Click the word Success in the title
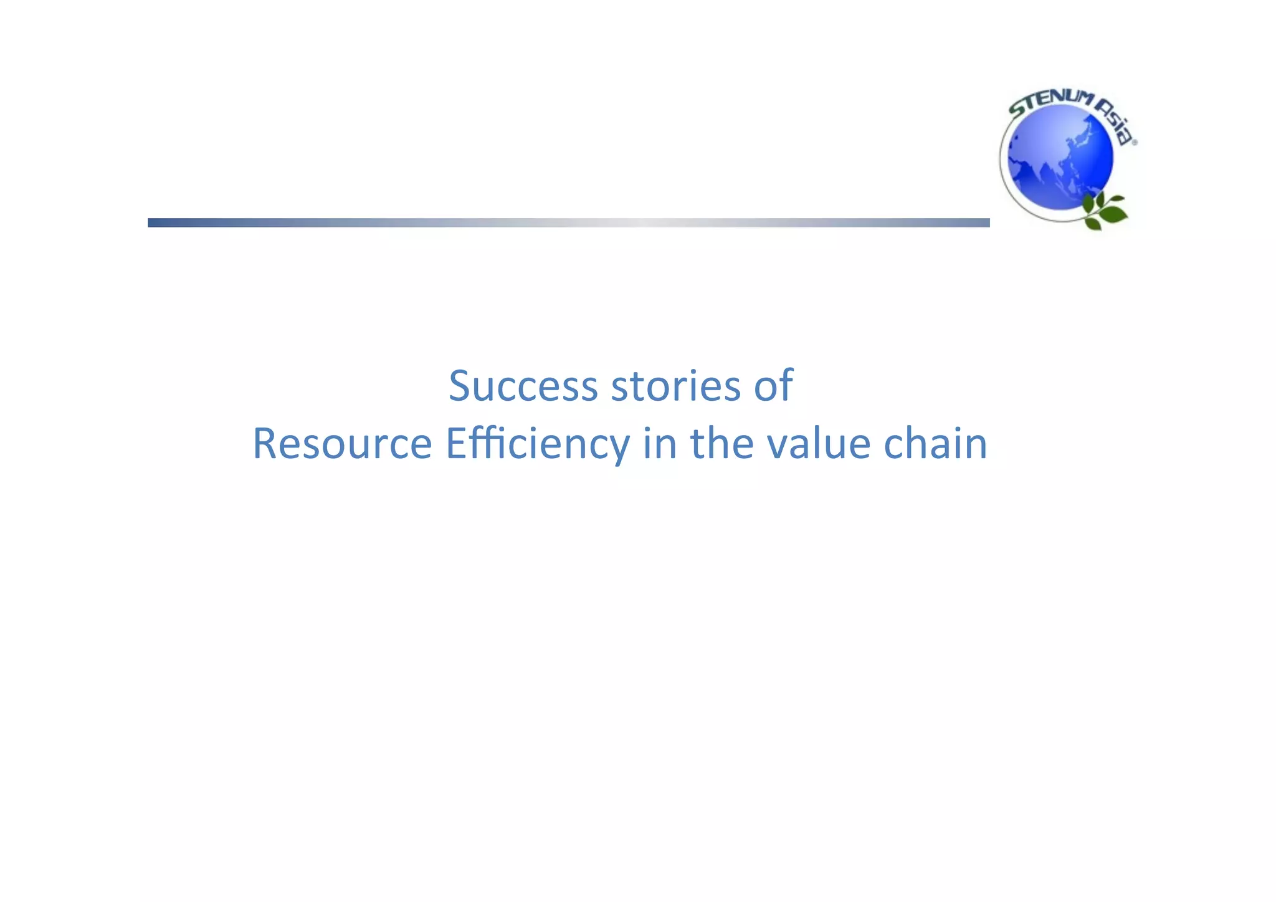pos(523,386)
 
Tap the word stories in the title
pos(675,386)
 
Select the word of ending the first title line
pos(773,386)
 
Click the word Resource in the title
pos(342,444)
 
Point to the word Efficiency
pos(537,444)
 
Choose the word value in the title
pos(818,444)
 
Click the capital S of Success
pos(459,386)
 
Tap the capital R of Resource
pos(264,444)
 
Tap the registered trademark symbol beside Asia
pos(1134,143)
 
